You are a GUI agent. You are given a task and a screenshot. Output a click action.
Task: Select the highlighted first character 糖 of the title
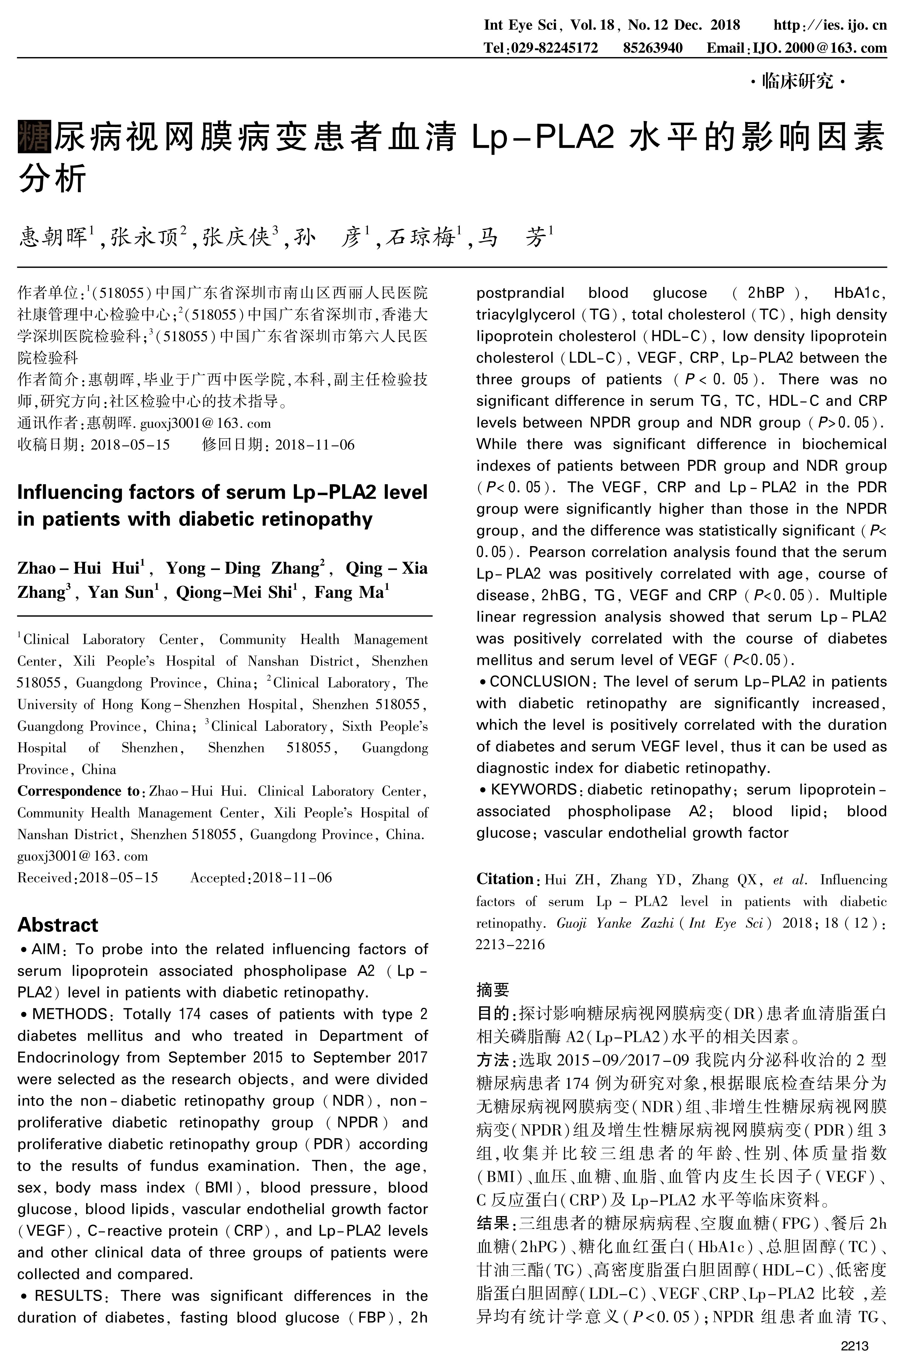click(x=35, y=136)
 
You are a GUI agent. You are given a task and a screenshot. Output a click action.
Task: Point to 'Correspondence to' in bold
click(x=78, y=791)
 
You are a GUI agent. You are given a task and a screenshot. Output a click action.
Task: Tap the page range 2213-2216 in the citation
click(x=510, y=944)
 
